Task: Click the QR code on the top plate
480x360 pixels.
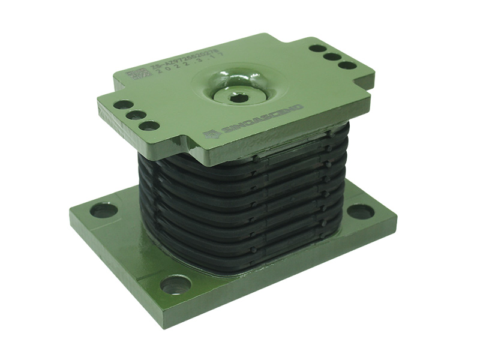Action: click(x=136, y=75)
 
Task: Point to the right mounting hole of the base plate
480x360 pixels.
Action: click(x=360, y=211)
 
